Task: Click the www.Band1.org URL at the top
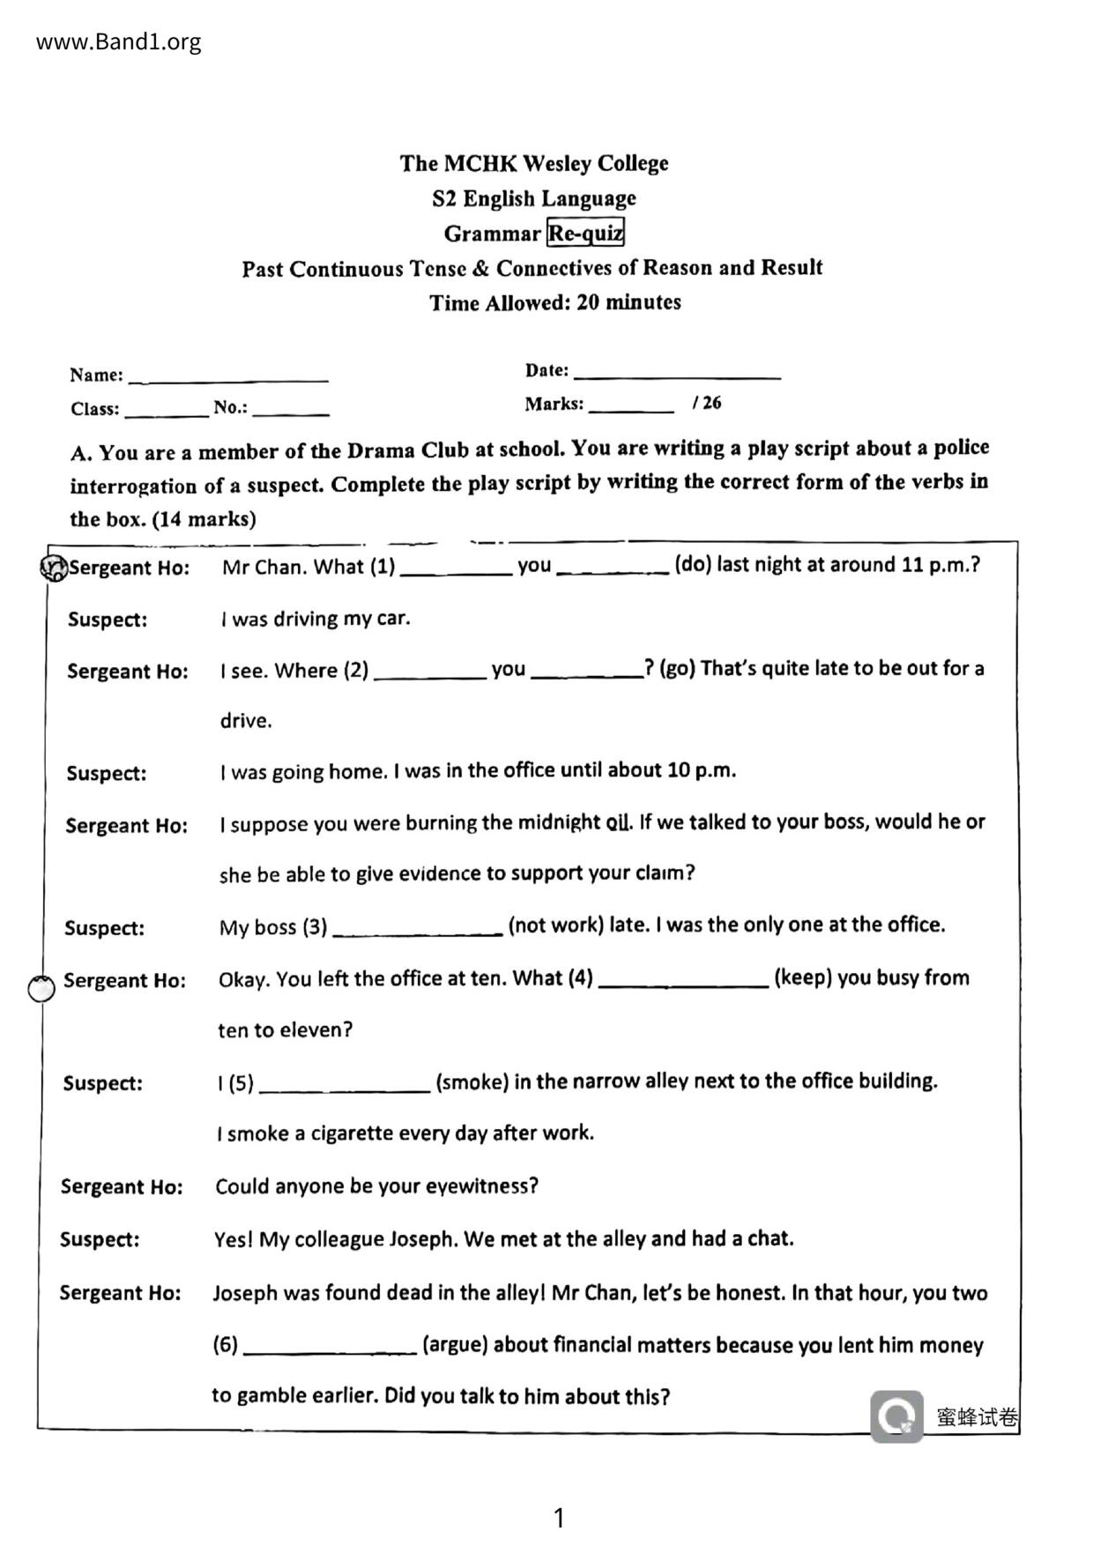click(118, 41)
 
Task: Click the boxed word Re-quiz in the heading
click(585, 234)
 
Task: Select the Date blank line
click(677, 374)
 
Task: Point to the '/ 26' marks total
click(707, 403)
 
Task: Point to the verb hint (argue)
click(455, 1344)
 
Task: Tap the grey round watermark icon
click(896, 1416)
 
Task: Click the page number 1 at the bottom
click(558, 1518)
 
